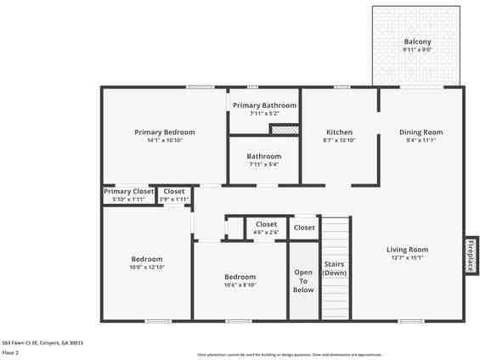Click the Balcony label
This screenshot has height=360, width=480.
[x=417, y=42]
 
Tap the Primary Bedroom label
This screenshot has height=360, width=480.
[x=165, y=132]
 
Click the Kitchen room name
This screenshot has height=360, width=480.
[x=340, y=132]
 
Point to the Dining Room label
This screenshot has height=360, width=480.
[x=421, y=132]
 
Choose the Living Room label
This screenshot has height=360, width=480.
[x=407, y=250]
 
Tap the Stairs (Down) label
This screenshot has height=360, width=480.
[x=335, y=268]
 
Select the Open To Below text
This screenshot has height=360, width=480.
[x=303, y=281]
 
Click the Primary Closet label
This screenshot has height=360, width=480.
[x=129, y=192]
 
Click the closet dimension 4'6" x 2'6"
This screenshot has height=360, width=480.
[x=266, y=233]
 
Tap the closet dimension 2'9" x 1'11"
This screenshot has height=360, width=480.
[x=174, y=200]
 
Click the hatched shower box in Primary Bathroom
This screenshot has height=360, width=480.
[x=283, y=130]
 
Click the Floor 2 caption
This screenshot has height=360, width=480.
[x=10, y=352]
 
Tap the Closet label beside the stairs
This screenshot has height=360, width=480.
[x=304, y=228]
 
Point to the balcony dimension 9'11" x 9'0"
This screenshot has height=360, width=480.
[x=417, y=50]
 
